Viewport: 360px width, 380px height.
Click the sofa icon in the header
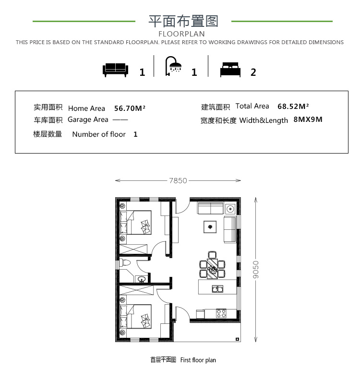[115, 70]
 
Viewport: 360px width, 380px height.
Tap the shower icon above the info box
[173, 66]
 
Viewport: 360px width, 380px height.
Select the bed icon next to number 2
[230, 70]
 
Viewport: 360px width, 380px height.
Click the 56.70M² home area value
[130, 108]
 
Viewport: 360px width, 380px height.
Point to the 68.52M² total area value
[293, 106]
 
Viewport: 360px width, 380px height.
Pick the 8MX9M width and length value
[308, 119]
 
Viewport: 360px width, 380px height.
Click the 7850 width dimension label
[178, 180]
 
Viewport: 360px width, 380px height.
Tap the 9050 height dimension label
[256, 270]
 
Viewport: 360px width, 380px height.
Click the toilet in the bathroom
[125, 263]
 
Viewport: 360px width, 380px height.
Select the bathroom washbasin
[142, 279]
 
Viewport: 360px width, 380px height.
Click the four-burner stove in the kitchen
[221, 313]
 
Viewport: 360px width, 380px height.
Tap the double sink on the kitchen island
[217, 289]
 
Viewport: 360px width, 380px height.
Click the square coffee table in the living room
[210, 227]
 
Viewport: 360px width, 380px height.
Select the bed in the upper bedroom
[135, 223]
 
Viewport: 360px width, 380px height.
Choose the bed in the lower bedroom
[135, 317]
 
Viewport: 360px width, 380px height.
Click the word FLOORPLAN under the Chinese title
[181, 34]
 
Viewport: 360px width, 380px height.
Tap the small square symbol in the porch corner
[237, 339]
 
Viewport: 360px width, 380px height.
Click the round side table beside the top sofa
[230, 209]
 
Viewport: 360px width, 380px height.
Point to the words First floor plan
[198, 360]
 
